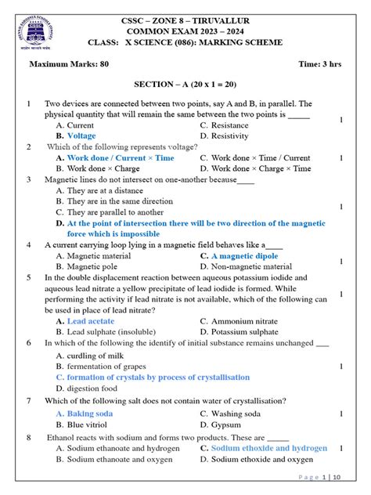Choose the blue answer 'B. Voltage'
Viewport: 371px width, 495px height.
pos(76,135)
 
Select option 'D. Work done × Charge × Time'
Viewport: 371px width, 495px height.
pos(255,168)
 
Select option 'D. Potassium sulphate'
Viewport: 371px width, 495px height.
pos(244,331)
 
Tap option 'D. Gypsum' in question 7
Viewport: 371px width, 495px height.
pos(222,424)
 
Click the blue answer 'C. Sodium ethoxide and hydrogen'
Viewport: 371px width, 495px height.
pos(263,448)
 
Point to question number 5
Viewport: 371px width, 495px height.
pos(28,277)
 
